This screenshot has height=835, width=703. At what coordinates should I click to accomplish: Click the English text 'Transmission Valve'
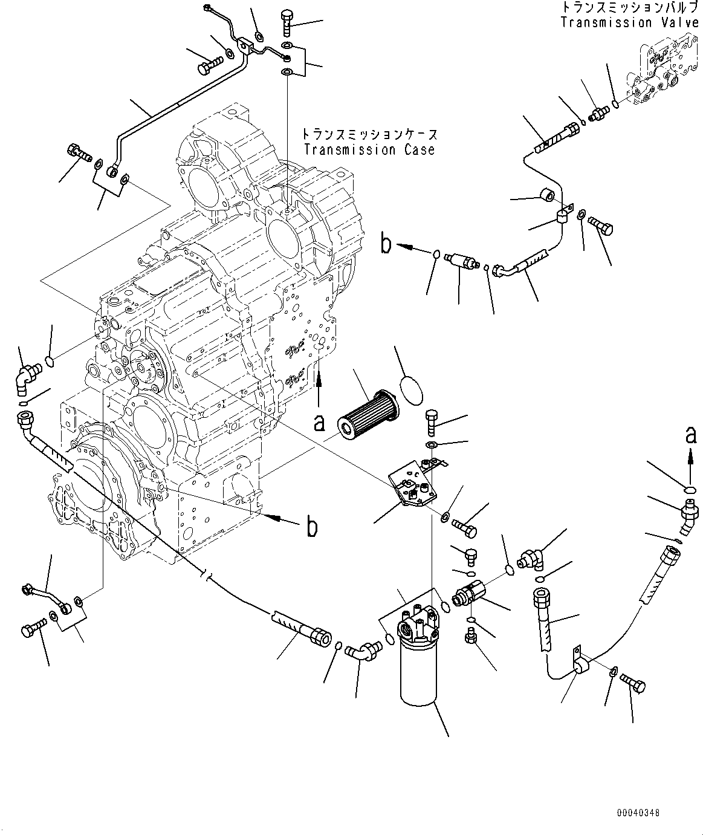(x=629, y=22)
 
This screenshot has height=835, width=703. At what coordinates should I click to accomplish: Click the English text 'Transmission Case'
(x=369, y=149)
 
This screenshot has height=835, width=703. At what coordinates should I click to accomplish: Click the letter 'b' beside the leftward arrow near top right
(x=385, y=245)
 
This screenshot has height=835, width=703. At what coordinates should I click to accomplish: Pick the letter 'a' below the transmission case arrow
(x=319, y=423)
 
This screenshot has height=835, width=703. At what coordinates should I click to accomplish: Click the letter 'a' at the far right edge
(x=690, y=434)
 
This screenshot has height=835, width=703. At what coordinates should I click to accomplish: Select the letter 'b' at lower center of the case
(x=311, y=527)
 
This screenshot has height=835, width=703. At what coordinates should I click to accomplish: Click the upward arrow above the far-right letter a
(x=690, y=463)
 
